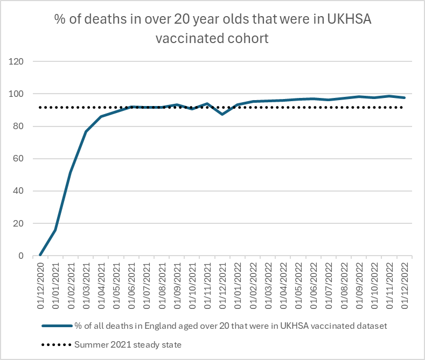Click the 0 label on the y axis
(22, 256)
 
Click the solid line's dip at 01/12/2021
(222, 114)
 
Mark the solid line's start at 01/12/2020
(40, 255)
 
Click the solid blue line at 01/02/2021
(71, 173)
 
